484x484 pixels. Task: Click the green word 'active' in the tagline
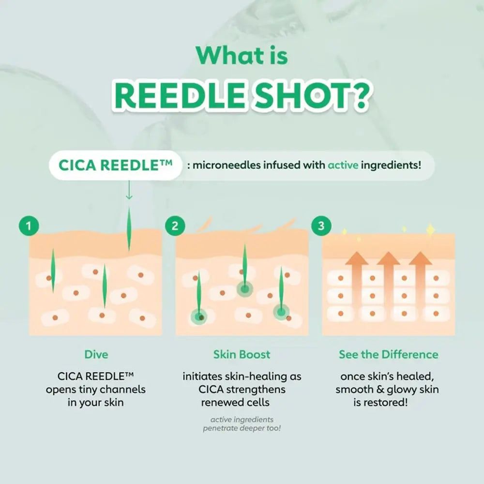pyautogui.click(x=343, y=165)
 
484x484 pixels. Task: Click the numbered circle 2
pyautogui.click(x=175, y=226)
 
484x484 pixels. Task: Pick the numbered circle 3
pyautogui.click(x=321, y=226)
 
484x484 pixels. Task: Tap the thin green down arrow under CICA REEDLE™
pyautogui.click(x=129, y=190)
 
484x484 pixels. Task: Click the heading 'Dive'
pyautogui.click(x=96, y=354)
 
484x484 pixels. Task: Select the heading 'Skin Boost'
pyautogui.click(x=242, y=354)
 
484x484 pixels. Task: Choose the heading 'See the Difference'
pyautogui.click(x=388, y=354)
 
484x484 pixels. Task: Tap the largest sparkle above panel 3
pyautogui.click(x=430, y=230)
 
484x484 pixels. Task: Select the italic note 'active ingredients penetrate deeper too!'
pyautogui.click(x=242, y=424)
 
